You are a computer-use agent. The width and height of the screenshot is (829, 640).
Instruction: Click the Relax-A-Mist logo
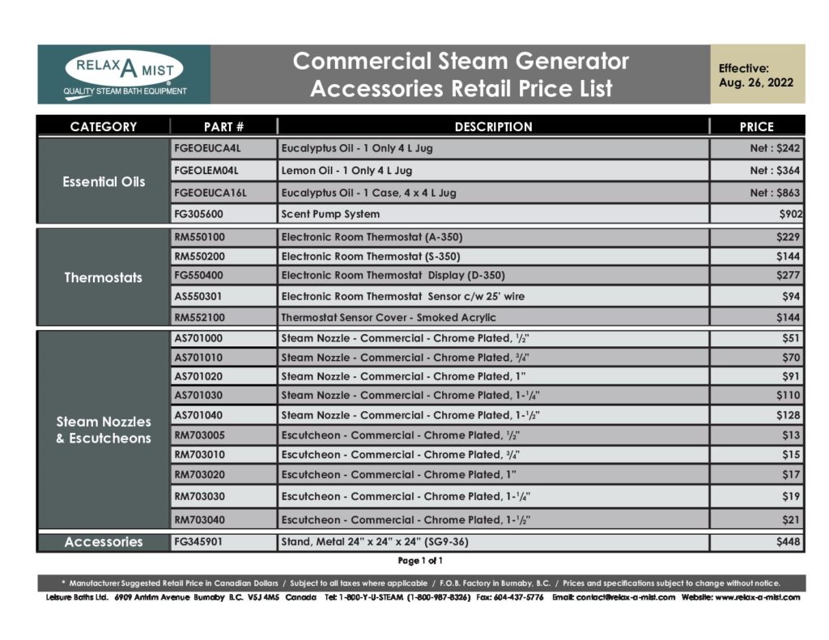click(x=124, y=74)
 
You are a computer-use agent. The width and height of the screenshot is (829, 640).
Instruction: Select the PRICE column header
click(x=756, y=126)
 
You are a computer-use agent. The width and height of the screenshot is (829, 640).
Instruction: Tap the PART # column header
click(x=223, y=126)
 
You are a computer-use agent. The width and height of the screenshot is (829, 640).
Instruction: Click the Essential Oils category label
click(x=104, y=181)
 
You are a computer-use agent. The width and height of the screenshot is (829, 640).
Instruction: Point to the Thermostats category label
click(x=103, y=278)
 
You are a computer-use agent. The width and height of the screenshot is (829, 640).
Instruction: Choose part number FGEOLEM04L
click(x=206, y=171)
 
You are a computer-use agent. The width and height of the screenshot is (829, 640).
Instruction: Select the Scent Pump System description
click(x=330, y=214)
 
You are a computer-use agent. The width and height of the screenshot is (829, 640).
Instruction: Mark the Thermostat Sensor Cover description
click(x=389, y=317)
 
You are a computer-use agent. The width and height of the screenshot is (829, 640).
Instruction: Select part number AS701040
click(x=198, y=415)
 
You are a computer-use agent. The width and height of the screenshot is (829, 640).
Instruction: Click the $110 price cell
click(x=787, y=396)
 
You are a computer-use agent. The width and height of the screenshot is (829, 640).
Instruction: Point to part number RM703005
click(x=200, y=435)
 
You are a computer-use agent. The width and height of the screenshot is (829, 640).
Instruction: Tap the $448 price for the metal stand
click(x=787, y=542)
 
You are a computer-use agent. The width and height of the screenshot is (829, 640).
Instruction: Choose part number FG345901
click(x=199, y=542)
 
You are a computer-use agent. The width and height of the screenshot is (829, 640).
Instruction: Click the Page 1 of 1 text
click(x=420, y=561)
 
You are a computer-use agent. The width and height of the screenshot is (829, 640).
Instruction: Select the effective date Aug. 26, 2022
click(x=756, y=83)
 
